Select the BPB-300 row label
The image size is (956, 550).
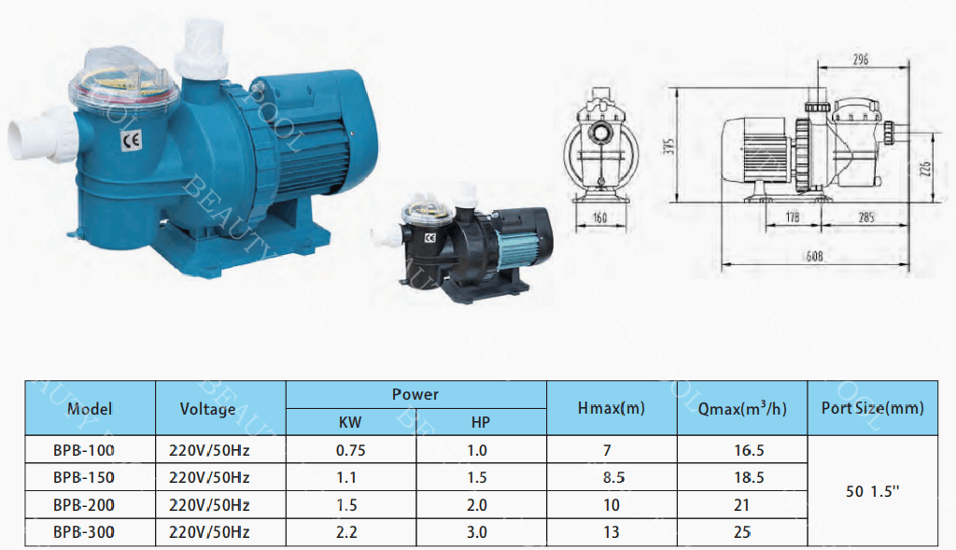click(83, 532)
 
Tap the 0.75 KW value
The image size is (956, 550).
click(351, 451)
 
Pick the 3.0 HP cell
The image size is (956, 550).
click(477, 532)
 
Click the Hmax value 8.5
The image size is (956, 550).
click(614, 477)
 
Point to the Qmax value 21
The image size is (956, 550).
click(741, 505)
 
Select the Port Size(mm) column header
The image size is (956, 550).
click(873, 408)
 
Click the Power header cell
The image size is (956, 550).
click(415, 394)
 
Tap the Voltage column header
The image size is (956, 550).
click(208, 409)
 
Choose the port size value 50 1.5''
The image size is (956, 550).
click(873, 491)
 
